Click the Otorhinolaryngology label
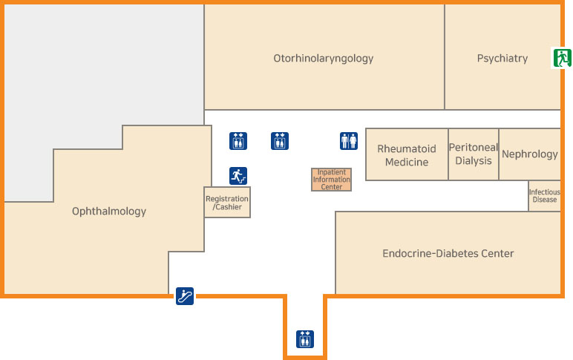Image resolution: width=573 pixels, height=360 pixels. (x=323, y=58)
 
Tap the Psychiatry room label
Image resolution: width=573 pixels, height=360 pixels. (x=502, y=58)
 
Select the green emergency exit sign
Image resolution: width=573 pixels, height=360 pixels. (x=560, y=58)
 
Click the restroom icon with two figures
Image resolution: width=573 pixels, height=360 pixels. (x=349, y=141)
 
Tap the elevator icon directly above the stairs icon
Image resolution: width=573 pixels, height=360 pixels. (x=238, y=141)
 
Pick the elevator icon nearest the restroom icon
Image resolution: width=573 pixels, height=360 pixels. (x=280, y=141)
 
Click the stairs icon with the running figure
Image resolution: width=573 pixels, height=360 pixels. (x=238, y=176)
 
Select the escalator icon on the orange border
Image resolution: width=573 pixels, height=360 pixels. (x=185, y=296)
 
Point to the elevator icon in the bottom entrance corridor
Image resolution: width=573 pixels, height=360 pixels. (x=305, y=339)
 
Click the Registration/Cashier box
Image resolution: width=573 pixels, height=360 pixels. (x=227, y=203)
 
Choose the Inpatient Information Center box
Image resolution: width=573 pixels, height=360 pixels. (x=331, y=180)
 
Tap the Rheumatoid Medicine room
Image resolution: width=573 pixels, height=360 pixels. (x=407, y=155)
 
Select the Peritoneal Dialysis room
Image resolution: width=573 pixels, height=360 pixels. (x=474, y=154)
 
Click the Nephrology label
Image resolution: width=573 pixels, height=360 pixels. (x=529, y=154)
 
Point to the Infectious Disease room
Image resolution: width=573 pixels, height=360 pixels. (x=544, y=196)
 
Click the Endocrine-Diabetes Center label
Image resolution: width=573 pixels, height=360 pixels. (x=448, y=254)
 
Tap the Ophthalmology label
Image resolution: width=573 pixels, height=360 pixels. (x=109, y=212)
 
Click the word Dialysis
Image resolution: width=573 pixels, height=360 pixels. (x=474, y=161)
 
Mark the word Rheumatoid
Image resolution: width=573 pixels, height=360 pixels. (x=407, y=148)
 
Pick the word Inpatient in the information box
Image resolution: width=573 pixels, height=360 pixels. (x=332, y=172)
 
